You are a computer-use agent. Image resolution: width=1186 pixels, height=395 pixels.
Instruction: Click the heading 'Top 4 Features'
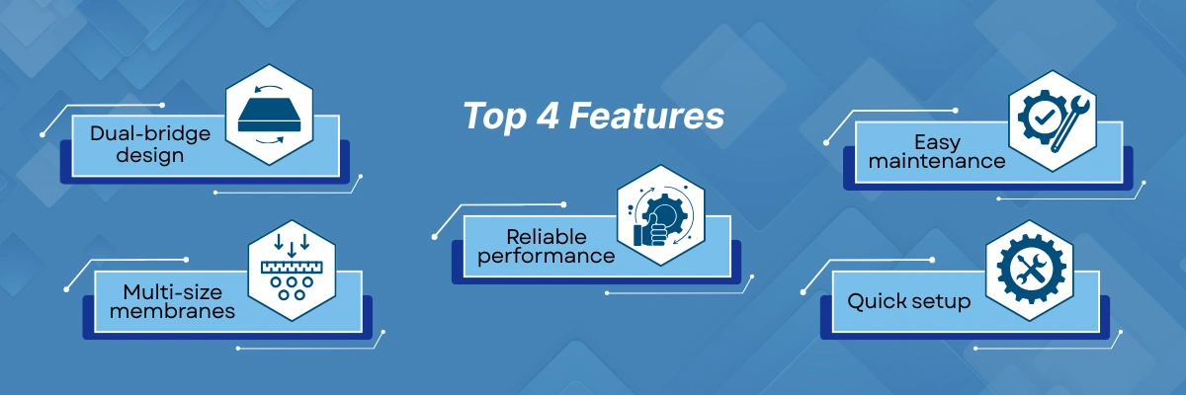[594, 116]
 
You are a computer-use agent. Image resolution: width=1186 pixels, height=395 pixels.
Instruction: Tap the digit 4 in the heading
[548, 116]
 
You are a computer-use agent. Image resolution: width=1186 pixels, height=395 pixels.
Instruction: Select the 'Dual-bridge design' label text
[150, 144]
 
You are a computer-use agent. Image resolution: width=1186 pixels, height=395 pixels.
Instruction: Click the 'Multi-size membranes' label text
[172, 301]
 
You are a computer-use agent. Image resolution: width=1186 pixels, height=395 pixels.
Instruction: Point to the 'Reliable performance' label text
[546, 247]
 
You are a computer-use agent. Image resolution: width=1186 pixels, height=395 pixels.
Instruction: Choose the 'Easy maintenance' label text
[937, 152]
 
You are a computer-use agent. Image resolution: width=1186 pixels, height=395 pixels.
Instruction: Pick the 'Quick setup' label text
[908, 301]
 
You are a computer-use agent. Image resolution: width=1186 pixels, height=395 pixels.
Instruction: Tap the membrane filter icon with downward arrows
[292, 268]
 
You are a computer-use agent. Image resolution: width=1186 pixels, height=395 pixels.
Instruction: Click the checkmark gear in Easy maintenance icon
[1042, 118]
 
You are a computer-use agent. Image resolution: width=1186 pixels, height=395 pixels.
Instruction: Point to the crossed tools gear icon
[1028, 270]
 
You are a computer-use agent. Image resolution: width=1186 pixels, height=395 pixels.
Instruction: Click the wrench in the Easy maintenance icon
[1070, 124]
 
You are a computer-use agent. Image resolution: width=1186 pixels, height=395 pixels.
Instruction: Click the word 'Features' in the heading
[646, 116]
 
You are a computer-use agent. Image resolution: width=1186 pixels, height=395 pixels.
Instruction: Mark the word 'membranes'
[172, 311]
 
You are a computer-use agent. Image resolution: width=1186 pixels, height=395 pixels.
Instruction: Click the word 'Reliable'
[546, 237]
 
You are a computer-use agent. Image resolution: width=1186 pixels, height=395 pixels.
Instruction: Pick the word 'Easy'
[937, 142]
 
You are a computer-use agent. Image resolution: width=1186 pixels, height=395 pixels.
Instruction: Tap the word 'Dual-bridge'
[150, 133]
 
